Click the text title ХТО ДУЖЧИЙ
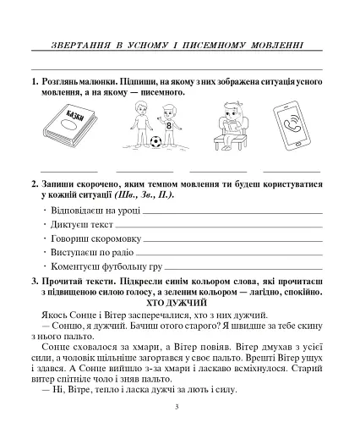[x=177, y=302]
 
